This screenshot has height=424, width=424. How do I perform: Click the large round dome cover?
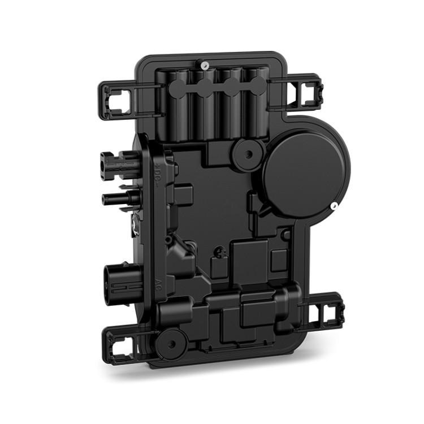[306, 172]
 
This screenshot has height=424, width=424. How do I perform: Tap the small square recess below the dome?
[278, 259]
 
